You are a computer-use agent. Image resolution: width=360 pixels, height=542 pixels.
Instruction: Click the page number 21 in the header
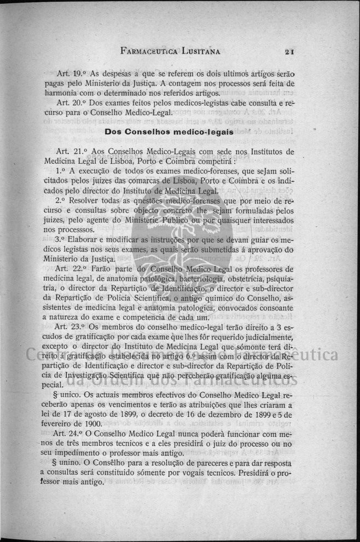tap(290, 52)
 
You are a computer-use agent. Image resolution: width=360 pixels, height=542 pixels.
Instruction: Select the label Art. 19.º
tap(72, 74)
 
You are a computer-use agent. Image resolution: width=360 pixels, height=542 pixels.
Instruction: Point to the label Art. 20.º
tap(72, 103)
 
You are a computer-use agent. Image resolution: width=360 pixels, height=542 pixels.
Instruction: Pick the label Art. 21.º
tap(72, 152)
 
